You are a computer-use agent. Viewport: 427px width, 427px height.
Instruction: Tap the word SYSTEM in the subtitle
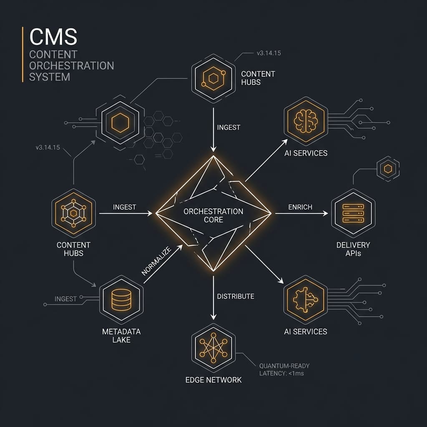[50, 77]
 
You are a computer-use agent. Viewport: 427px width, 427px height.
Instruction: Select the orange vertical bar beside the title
[22, 54]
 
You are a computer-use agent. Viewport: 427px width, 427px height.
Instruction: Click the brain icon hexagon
[306, 121]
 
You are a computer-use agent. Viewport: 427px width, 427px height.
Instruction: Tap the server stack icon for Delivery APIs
[353, 213]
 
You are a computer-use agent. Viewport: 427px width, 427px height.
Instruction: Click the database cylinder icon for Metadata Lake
[121, 299]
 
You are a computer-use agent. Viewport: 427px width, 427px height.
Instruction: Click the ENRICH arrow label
[300, 207]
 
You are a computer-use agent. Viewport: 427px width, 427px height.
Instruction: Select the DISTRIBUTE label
[236, 296]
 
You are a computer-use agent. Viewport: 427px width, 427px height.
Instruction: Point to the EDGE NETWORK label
[213, 380]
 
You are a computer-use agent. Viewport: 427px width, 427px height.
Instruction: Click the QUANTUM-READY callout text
[284, 366]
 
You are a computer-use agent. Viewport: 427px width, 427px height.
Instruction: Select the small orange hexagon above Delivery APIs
[388, 168]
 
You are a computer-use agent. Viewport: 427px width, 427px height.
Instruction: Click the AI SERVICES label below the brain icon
[306, 153]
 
